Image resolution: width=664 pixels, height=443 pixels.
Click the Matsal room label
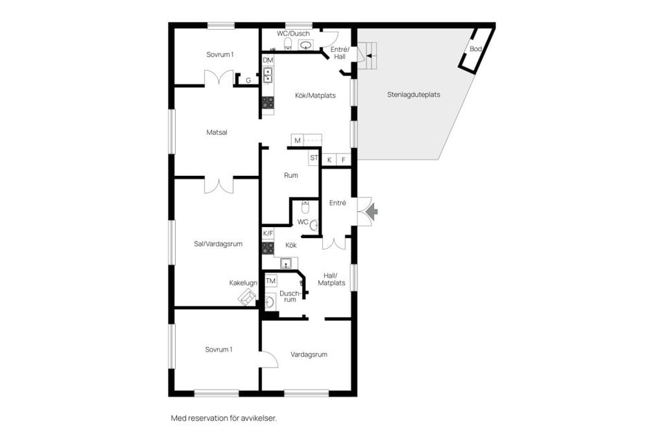coord(217,132)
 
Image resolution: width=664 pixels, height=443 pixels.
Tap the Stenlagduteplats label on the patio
coord(414,95)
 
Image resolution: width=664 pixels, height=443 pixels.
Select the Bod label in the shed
coord(476,49)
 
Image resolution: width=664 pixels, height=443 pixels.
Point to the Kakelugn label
coord(243,282)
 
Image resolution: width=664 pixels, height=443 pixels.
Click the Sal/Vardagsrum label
coord(217,243)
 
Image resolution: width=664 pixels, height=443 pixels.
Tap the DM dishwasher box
coord(268,60)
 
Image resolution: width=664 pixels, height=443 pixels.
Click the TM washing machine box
coord(270,281)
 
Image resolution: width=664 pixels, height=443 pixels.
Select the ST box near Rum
coord(314,158)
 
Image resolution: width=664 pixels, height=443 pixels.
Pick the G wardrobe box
coord(248,80)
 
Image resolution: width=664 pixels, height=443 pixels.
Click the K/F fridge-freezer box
coord(268,234)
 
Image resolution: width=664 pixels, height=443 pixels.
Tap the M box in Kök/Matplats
coord(297,141)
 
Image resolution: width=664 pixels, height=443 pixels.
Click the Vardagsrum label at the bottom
coord(308,354)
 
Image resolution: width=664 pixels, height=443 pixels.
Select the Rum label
coord(291,175)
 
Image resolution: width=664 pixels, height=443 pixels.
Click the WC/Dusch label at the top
coord(293,33)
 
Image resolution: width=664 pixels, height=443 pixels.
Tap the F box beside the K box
coord(343,160)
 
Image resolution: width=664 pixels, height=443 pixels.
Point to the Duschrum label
coord(289,296)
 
